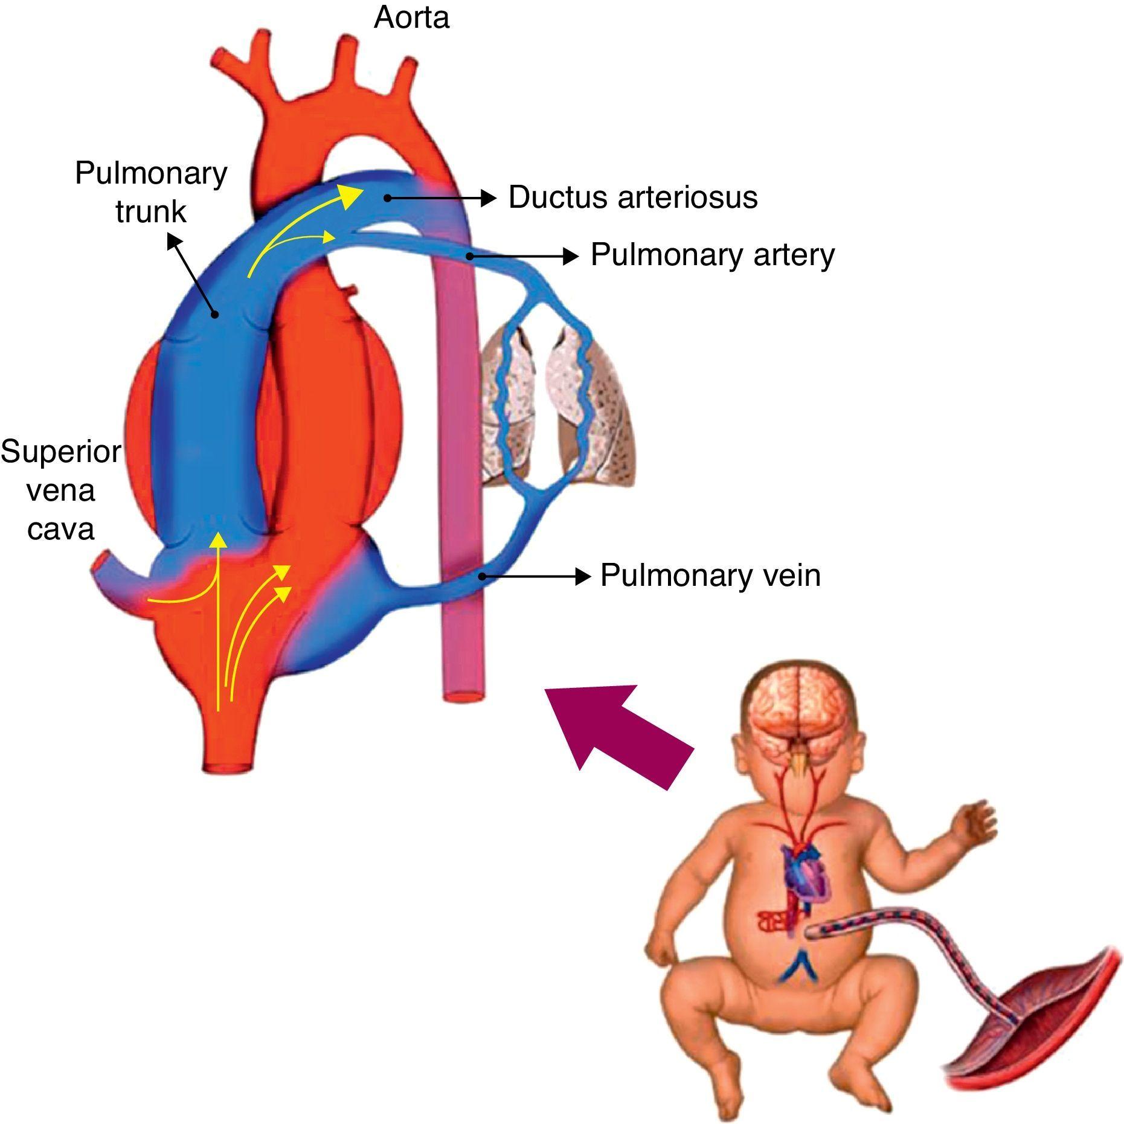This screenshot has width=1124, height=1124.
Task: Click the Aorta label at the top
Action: click(411, 18)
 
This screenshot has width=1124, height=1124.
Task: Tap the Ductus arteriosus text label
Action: click(632, 198)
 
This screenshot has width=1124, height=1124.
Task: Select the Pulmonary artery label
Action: click(712, 255)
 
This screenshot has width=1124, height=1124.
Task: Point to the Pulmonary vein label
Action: click(710, 576)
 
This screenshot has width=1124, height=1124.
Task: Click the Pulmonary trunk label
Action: click(150, 192)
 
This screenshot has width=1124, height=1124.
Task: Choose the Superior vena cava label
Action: click(60, 490)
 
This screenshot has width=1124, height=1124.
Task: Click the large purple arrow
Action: click(617, 733)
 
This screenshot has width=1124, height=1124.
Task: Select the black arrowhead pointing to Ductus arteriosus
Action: click(489, 198)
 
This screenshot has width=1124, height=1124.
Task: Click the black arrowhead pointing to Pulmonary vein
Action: click(583, 576)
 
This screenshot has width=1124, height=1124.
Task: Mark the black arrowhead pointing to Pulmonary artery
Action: click(571, 256)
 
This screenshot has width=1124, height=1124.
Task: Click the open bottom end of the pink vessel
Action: click(463, 695)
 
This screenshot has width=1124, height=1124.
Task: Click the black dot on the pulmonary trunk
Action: click(214, 314)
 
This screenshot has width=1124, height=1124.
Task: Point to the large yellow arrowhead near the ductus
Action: click(351, 196)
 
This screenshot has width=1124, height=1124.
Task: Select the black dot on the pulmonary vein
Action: click(481, 576)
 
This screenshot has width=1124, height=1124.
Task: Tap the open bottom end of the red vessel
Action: click(226, 766)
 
